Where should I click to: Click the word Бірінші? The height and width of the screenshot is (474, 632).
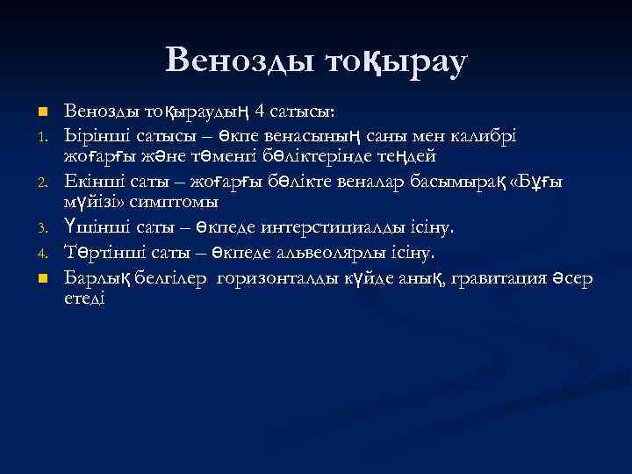tap(97, 135)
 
